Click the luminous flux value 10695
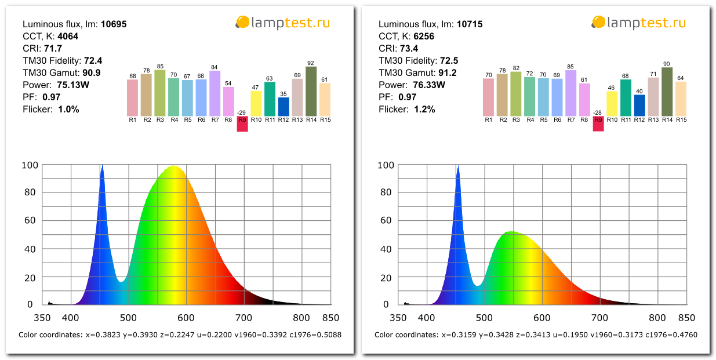click(x=114, y=24)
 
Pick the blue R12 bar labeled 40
click(x=639, y=105)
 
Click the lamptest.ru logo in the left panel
click(x=282, y=23)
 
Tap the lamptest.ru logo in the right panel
click(x=638, y=23)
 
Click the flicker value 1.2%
click(x=424, y=109)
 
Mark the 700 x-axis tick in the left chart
click(x=243, y=318)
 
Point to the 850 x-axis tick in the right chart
click(x=686, y=318)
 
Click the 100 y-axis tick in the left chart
click(x=30, y=165)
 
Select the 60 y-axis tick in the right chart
click(x=386, y=221)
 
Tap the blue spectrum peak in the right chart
click(x=458, y=168)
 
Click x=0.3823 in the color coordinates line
click(x=101, y=334)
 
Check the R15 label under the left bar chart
click(x=325, y=119)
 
